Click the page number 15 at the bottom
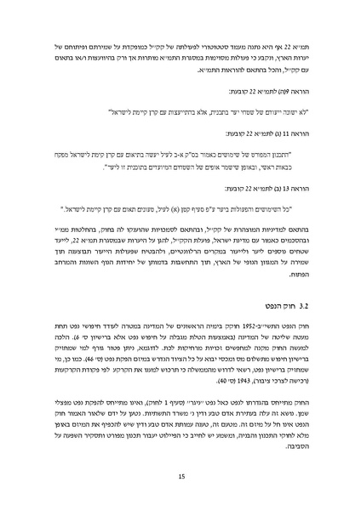coord(180,479)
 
